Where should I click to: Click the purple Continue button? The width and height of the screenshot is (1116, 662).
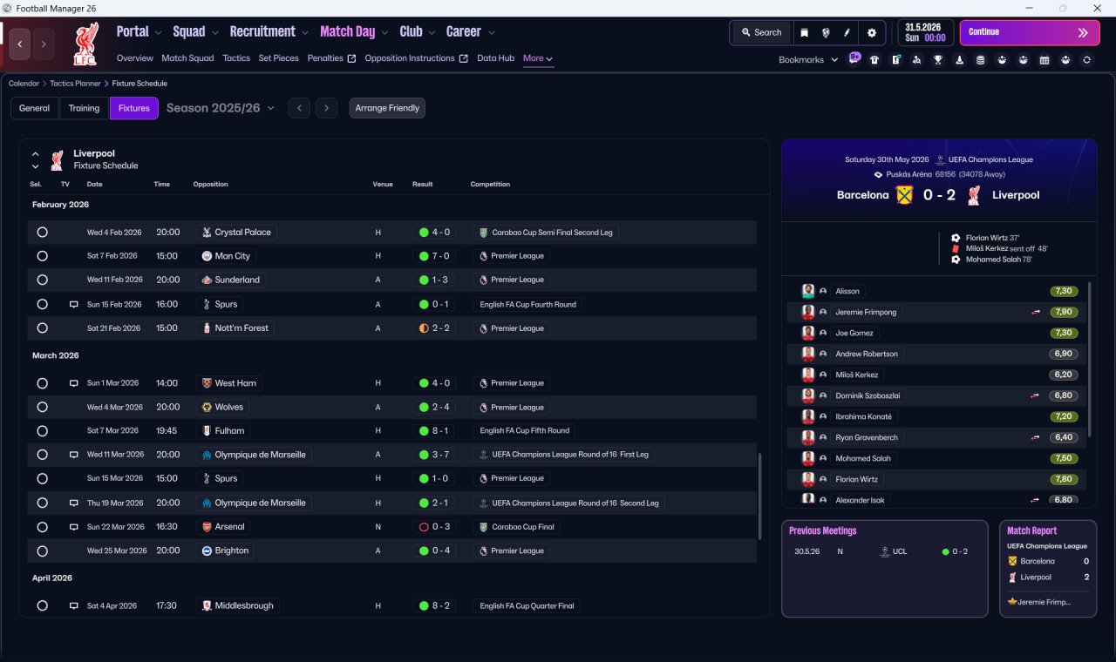[1030, 32]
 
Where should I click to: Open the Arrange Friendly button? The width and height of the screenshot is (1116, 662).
[387, 108]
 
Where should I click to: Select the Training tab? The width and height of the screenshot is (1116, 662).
[84, 108]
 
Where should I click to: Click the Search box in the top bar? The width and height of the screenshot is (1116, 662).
[762, 32]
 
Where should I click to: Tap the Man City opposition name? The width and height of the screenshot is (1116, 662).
[232, 256]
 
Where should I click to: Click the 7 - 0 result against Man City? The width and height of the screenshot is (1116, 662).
[440, 256]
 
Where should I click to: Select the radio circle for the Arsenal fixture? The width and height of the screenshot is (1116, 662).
[43, 527]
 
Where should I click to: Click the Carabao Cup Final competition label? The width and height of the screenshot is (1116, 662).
[522, 527]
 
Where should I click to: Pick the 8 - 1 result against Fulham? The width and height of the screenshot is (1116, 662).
[440, 430]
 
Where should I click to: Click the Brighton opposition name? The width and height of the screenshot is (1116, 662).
[231, 551]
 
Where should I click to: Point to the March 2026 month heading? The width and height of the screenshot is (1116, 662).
[55, 355]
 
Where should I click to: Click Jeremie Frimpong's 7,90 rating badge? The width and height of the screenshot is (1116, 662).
[1063, 312]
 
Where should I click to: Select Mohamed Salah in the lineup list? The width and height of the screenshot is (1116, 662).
[863, 458]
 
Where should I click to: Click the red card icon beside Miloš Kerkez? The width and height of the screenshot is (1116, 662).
[955, 249]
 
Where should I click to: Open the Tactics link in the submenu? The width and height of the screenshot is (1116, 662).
[236, 58]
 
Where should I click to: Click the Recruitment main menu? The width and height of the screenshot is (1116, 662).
[262, 32]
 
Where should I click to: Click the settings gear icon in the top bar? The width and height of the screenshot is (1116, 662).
[871, 33]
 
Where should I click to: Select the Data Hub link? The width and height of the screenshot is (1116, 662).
[495, 58]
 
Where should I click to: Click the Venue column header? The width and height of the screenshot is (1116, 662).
[383, 184]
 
